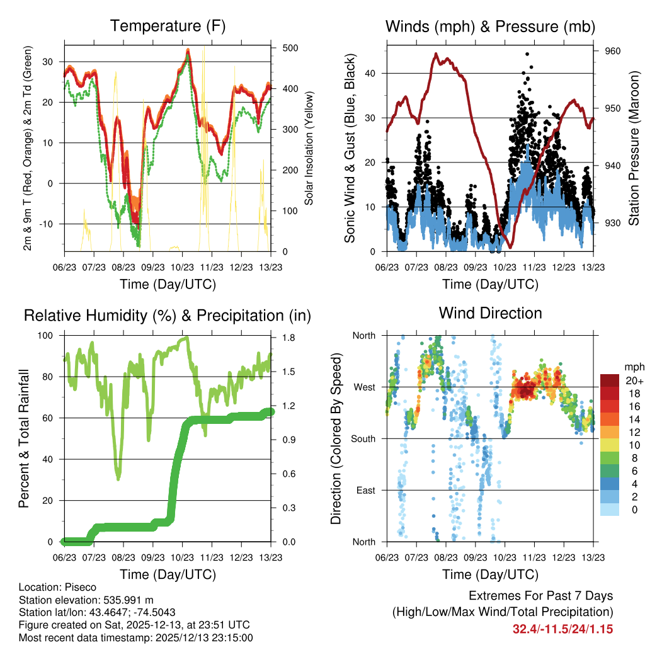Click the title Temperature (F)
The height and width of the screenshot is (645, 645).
coord(168,26)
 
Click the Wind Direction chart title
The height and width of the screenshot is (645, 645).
coord(490,312)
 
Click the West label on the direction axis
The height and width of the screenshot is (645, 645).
coord(364,387)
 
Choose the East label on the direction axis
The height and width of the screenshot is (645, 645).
coord(365,490)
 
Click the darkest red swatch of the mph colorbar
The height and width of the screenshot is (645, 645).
coord(610,380)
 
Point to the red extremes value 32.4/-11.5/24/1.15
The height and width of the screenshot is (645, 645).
coord(563,629)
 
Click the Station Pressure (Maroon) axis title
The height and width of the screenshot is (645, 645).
coord(634,148)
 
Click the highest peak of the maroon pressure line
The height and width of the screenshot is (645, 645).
coord(435,54)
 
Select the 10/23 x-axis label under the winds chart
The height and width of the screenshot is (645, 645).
coord(505,267)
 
